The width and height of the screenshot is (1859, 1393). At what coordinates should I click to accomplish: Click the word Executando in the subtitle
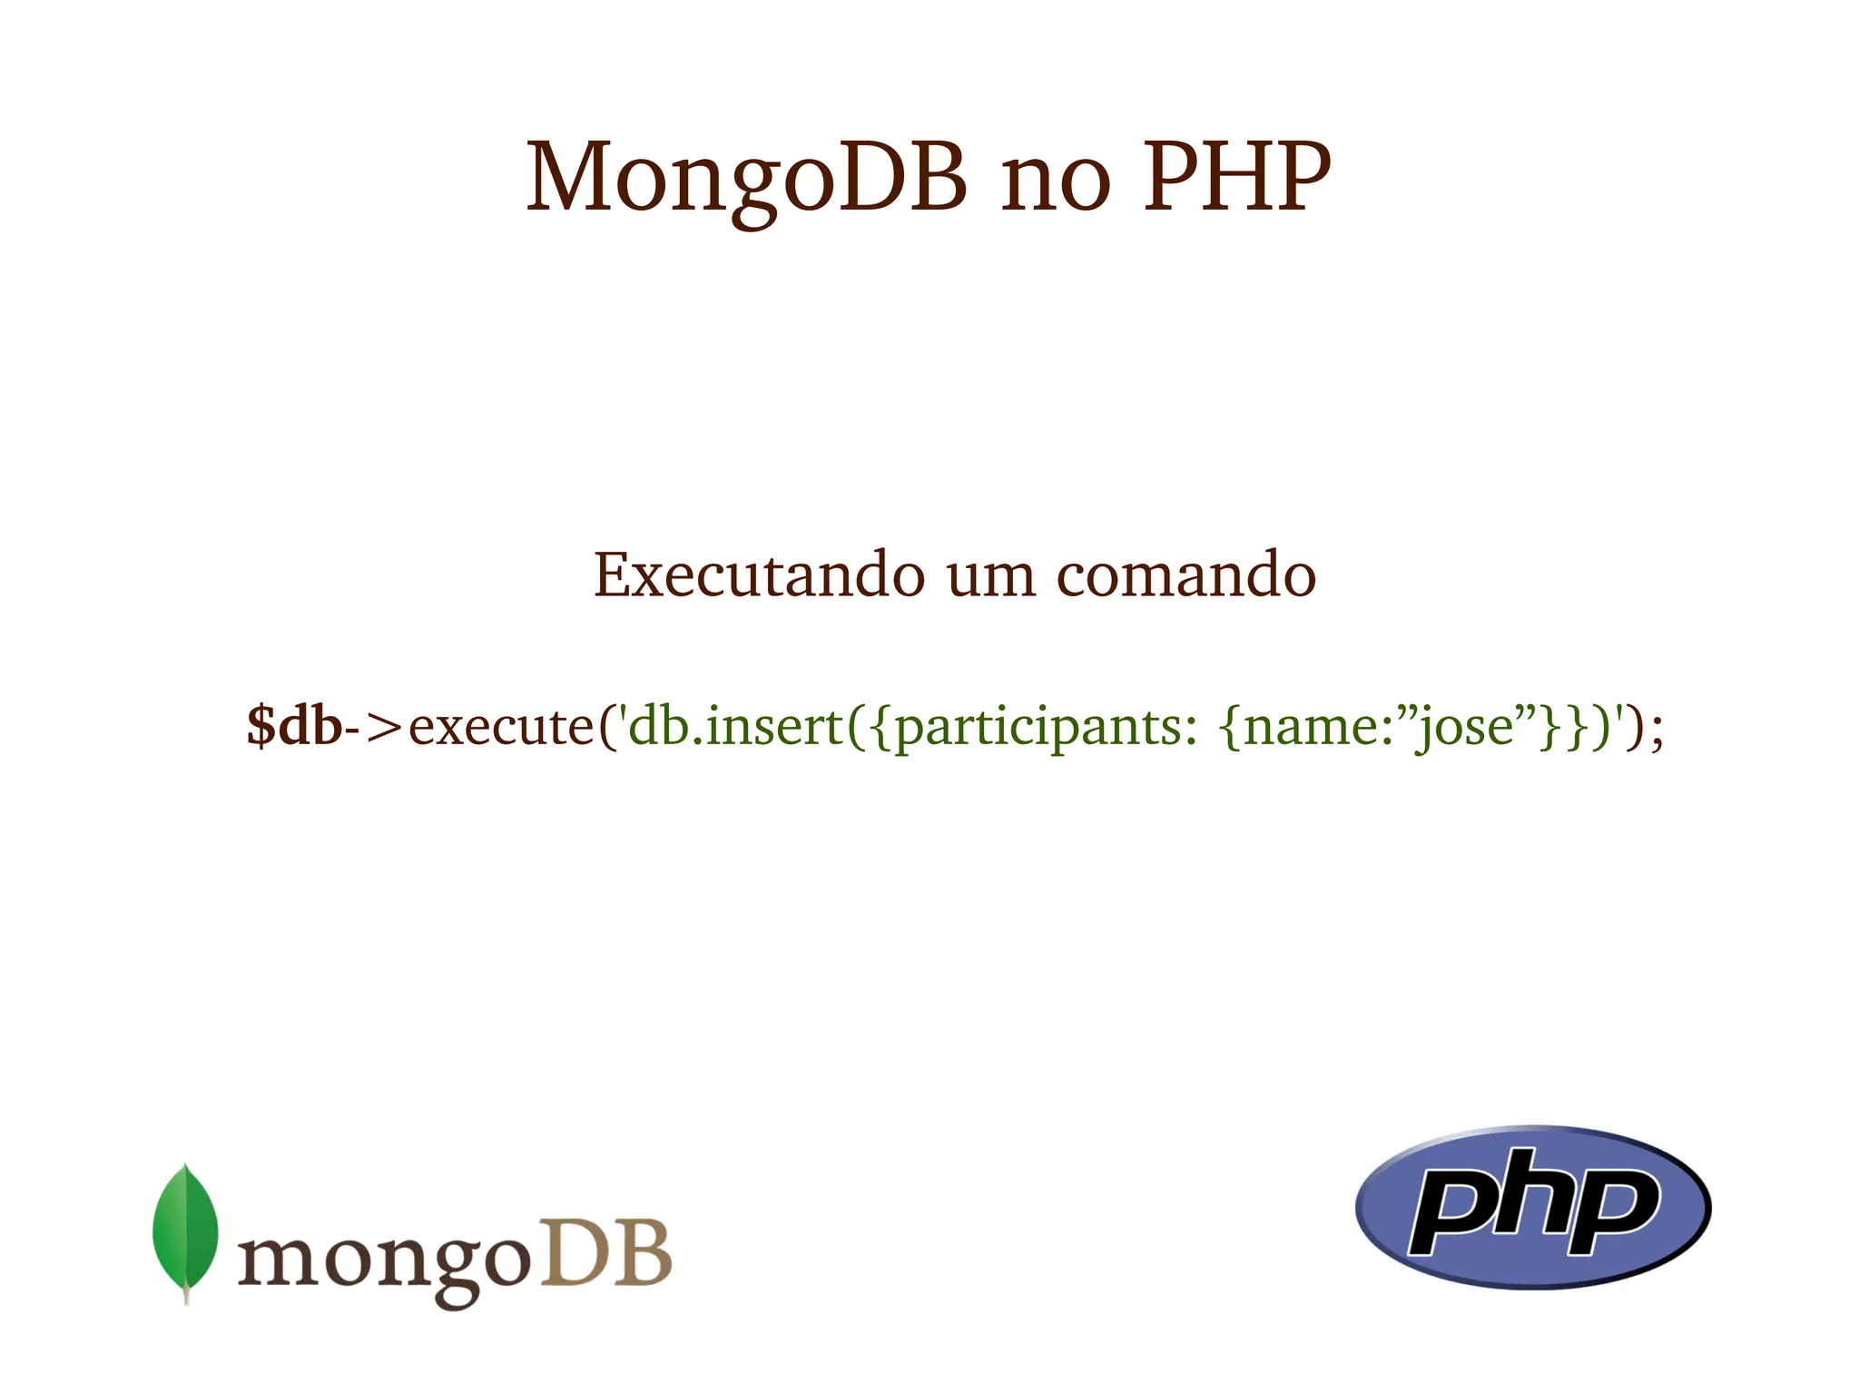[759, 575]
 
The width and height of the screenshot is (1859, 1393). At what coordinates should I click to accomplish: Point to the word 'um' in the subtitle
[990, 577]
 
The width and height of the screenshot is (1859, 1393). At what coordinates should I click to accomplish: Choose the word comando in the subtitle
[1185, 575]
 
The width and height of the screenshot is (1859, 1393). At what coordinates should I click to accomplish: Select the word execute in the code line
[500, 727]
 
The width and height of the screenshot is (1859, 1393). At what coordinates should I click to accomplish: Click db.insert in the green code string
[735, 727]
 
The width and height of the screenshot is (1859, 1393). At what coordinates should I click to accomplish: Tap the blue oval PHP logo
[1532, 1207]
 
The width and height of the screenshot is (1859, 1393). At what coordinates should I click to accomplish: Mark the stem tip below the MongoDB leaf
[186, 1298]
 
